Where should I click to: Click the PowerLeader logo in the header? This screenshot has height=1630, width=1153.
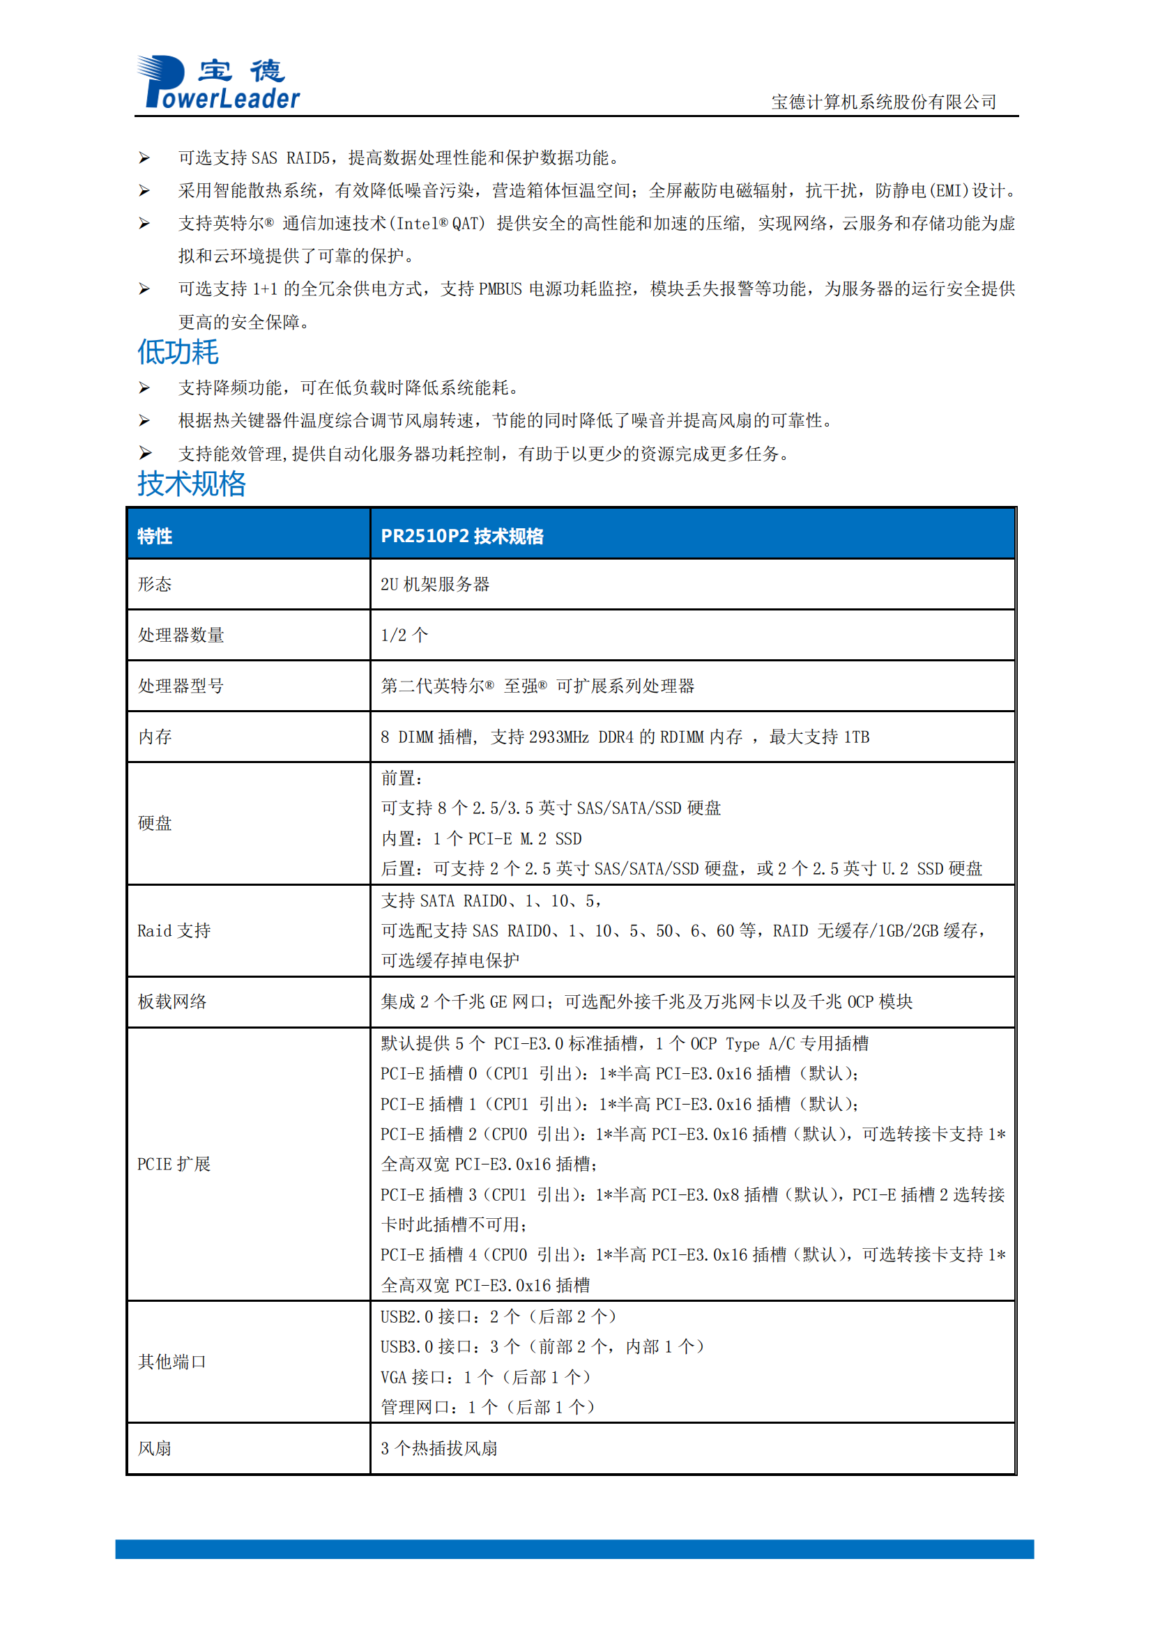tap(219, 82)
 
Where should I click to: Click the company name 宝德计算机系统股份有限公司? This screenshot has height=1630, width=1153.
tap(883, 102)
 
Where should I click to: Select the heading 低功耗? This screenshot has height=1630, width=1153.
tap(178, 352)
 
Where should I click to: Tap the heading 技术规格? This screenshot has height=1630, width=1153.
tap(191, 484)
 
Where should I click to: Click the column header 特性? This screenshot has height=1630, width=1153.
tap(155, 536)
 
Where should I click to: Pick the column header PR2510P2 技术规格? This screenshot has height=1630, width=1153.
tap(462, 536)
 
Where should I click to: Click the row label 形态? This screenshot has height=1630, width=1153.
tap(155, 584)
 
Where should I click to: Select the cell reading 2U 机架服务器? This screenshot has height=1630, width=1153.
tap(435, 584)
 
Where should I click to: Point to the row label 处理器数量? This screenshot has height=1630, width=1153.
tap(181, 636)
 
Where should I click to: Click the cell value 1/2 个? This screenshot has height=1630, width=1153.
tap(405, 636)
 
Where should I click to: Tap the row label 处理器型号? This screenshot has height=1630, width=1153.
tap(181, 686)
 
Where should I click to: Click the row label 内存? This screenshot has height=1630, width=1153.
tap(155, 737)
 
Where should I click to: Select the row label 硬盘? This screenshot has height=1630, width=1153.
tap(155, 824)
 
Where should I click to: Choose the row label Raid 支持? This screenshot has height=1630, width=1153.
tap(174, 931)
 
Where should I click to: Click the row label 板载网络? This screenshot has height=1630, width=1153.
tap(171, 1001)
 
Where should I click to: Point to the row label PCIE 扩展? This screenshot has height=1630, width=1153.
tap(174, 1164)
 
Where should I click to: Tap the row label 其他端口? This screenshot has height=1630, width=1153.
tap(171, 1362)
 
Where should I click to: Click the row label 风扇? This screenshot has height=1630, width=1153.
tap(155, 1448)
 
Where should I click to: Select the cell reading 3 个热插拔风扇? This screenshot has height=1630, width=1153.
tap(438, 1448)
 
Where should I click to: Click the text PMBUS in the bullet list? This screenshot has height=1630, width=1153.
tap(500, 290)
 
